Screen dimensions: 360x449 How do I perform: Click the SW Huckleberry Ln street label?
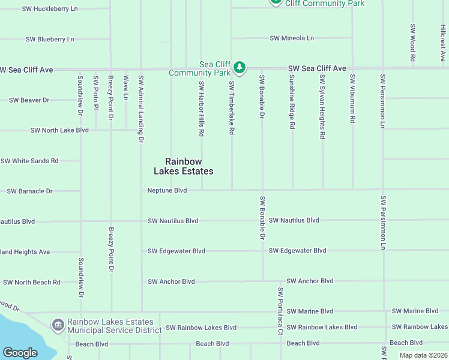click(x=50, y=9)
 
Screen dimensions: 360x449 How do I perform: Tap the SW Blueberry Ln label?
click(x=50, y=39)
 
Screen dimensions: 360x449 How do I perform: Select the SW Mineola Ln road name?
click(x=292, y=38)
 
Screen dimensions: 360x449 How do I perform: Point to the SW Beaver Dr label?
click(x=29, y=100)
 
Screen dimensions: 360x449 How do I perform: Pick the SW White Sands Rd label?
click(x=29, y=161)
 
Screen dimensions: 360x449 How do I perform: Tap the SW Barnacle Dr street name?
click(x=29, y=191)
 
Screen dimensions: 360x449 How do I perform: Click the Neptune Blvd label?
click(x=167, y=190)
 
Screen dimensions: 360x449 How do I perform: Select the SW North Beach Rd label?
click(x=32, y=282)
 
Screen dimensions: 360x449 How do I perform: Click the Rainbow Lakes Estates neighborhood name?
click(x=189, y=166)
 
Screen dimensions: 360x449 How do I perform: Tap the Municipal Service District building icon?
click(x=58, y=325)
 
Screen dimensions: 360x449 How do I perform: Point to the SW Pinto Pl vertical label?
click(x=95, y=93)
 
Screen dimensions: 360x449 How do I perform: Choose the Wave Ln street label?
click(x=125, y=88)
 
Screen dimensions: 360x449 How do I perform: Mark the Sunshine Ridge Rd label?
click(x=292, y=102)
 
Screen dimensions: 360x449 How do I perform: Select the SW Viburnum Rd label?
click(x=352, y=99)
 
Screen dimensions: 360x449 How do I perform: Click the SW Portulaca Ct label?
click(x=280, y=311)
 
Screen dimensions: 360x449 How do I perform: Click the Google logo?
click(x=20, y=353)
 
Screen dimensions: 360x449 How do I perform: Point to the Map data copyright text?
click(x=423, y=355)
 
